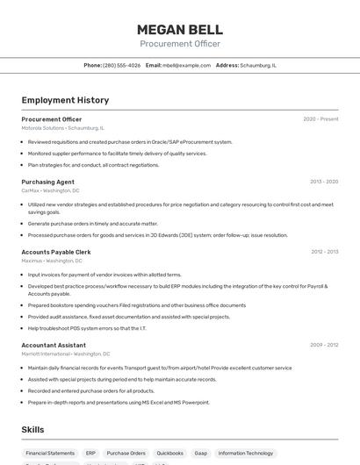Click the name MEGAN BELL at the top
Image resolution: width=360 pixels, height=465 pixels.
(x=180, y=29)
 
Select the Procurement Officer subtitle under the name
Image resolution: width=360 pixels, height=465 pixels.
(x=180, y=44)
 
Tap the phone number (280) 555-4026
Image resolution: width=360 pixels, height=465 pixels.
(x=121, y=65)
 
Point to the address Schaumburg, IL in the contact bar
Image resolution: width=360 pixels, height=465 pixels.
(x=258, y=65)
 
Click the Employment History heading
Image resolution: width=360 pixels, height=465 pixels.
(x=65, y=100)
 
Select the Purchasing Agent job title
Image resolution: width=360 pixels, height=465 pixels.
(x=48, y=182)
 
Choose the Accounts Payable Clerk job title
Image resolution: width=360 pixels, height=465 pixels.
(x=56, y=252)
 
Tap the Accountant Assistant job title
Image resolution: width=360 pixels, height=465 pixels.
(x=54, y=345)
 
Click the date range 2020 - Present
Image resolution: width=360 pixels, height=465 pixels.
(x=320, y=119)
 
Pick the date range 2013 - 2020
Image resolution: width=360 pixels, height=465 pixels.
(x=324, y=182)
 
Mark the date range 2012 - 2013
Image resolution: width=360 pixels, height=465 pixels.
(x=324, y=252)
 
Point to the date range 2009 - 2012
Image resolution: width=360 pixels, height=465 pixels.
(x=324, y=345)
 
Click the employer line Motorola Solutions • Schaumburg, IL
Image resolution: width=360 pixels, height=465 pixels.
(x=62, y=127)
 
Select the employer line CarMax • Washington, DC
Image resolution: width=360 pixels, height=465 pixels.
(x=51, y=190)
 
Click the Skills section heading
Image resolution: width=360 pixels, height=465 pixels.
(x=33, y=430)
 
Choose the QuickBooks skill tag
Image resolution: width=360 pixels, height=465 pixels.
(x=170, y=454)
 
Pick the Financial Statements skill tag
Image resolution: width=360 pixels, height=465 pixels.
(x=50, y=454)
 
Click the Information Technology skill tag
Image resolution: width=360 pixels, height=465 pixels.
(x=246, y=454)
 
